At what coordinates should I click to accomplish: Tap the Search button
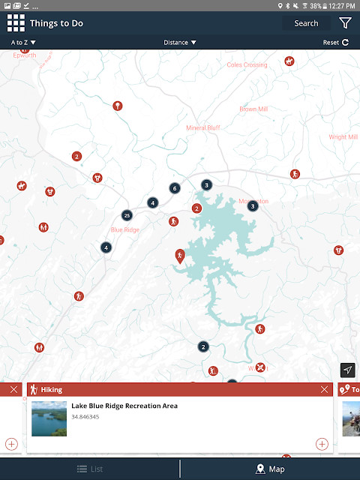point(306,23)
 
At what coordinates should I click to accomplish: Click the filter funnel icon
point(345,23)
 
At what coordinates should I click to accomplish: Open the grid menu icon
point(16,23)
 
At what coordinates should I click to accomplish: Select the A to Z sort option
point(24,43)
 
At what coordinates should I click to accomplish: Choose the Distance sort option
point(180,43)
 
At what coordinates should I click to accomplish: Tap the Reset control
point(335,43)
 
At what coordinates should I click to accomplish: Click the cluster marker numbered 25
point(127,215)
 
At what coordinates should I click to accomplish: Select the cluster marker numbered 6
point(174,188)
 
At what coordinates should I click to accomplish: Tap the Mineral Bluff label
point(203,128)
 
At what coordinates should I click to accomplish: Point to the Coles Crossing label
point(247,65)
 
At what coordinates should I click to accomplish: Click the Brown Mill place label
point(253,109)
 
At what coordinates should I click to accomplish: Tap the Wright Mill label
point(343,137)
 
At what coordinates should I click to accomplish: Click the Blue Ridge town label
point(125,229)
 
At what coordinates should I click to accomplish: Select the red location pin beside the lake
point(180,256)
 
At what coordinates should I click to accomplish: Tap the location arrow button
point(347,370)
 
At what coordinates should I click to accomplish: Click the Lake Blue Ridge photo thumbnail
point(49,418)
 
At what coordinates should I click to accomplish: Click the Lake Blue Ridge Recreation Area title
point(124,406)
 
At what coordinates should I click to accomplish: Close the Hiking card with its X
point(324,390)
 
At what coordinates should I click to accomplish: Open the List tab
point(90,469)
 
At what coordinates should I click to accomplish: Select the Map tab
point(270,469)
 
